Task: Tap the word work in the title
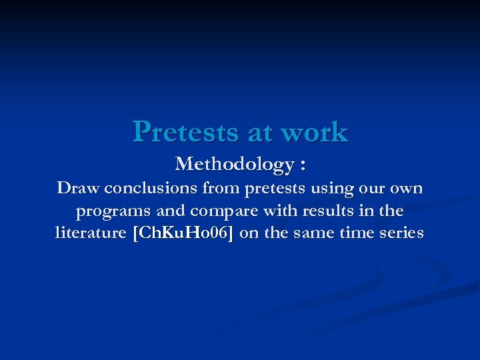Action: click(x=315, y=132)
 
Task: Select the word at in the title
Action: click(x=261, y=132)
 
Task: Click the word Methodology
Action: click(x=234, y=163)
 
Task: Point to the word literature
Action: click(x=91, y=233)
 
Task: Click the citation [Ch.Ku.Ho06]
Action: click(x=184, y=233)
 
